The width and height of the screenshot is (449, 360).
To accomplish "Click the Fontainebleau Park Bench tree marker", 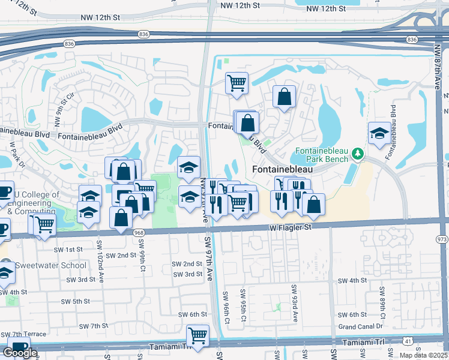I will click(x=358, y=155).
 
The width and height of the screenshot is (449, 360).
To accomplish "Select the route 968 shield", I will click(x=139, y=232).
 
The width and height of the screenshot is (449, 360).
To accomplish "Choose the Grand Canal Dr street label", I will click(x=360, y=326).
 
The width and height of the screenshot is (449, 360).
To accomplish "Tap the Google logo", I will click(x=20, y=352).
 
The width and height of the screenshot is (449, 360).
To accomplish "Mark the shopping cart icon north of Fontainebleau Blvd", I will click(x=237, y=82).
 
